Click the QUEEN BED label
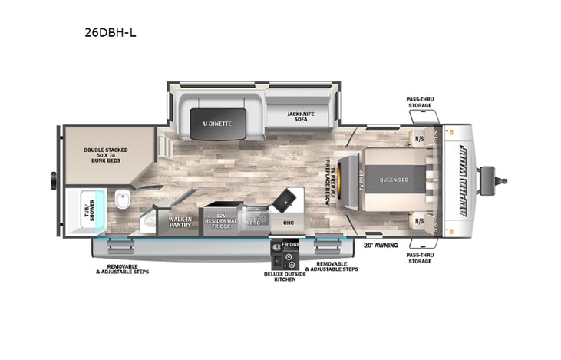(391, 180)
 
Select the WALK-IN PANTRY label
(180, 223)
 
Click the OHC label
(288, 223)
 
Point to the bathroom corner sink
(148, 223)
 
